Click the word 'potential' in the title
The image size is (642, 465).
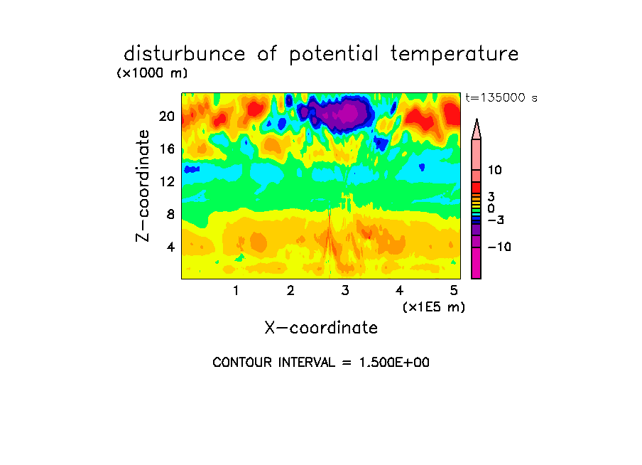click(334, 55)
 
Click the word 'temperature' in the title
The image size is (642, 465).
click(455, 55)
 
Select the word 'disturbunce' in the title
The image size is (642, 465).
click(184, 54)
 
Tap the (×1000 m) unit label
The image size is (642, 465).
click(152, 73)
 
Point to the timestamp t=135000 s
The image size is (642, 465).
click(501, 97)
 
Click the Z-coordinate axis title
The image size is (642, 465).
click(143, 186)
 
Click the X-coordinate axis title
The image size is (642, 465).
click(321, 328)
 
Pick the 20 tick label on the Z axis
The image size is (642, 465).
click(167, 117)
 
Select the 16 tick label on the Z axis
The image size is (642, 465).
click(167, 149)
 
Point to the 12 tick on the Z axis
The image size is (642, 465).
click(167, 181)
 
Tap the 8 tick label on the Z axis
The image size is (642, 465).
click(170, 214)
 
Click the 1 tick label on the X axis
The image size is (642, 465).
click(236, 291)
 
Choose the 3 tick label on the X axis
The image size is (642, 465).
click(345, 291)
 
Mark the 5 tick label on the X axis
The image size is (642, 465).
click(454, 291)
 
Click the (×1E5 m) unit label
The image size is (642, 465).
click(434, 307)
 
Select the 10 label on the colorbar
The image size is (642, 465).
click(494, 170)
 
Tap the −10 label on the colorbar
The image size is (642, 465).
click(499, 247)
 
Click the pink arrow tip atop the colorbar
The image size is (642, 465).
click(477, 119)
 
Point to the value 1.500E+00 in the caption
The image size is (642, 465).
click(394, 363)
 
